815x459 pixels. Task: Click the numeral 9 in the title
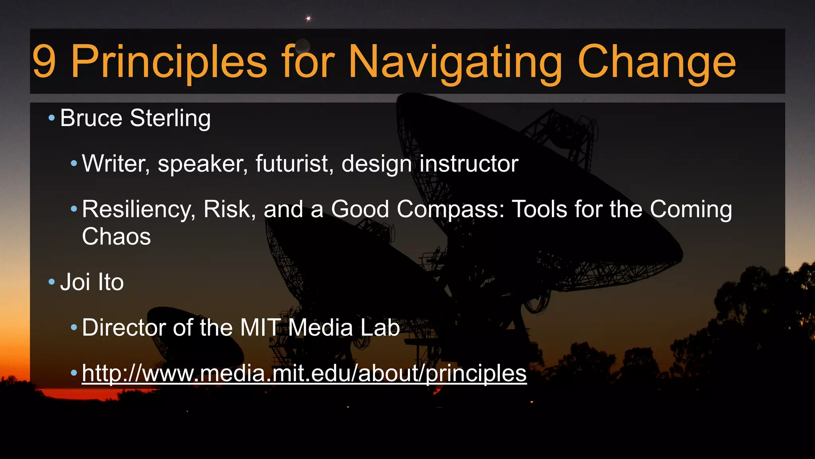click(44, 62)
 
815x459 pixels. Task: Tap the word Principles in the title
click(169, 62)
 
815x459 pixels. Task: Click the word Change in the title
click(657, 62)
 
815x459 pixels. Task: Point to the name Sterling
click(170, 118)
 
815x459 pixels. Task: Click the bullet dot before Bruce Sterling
click(51, 118)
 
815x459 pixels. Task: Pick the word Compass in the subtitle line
click(450, 209)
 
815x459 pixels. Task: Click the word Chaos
click(116, 236)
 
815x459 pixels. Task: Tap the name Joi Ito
click(92, 282)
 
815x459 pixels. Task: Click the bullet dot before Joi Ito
click(51, 282)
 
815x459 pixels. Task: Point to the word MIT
click(260, 328)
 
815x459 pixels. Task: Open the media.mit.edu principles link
click(304, 373)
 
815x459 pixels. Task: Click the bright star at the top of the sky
click(308, 18)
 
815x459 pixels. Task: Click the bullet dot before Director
click(74, 328)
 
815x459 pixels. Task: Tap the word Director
click(124, 328)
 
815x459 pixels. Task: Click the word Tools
click(538, 209)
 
